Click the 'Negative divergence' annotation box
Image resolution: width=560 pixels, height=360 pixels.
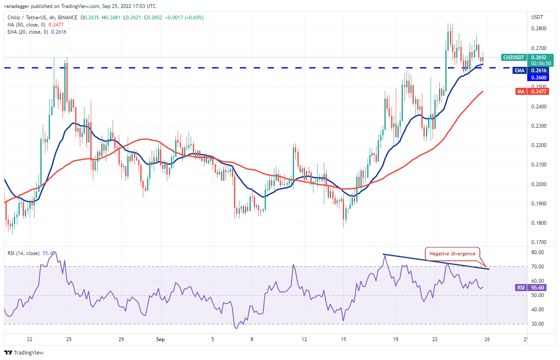452,254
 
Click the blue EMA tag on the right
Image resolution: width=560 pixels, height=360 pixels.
520,71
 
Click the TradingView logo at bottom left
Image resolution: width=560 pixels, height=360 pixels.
24,352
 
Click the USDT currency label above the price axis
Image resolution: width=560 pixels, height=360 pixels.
537,17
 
